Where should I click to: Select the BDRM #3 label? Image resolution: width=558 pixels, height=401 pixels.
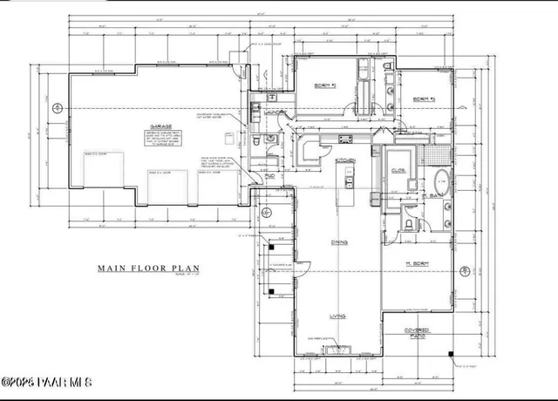tap(423, 98)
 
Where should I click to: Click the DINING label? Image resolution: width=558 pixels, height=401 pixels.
tap(337, 241)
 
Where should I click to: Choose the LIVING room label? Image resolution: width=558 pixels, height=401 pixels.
tap(337, 317)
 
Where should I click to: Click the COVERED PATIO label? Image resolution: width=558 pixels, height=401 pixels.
tap(419, 333)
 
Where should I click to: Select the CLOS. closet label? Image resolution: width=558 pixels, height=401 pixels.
tap(398, 170)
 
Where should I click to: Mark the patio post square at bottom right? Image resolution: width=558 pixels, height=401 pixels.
tap(451, 353)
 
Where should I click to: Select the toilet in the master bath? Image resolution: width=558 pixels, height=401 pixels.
tap(408, 223)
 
